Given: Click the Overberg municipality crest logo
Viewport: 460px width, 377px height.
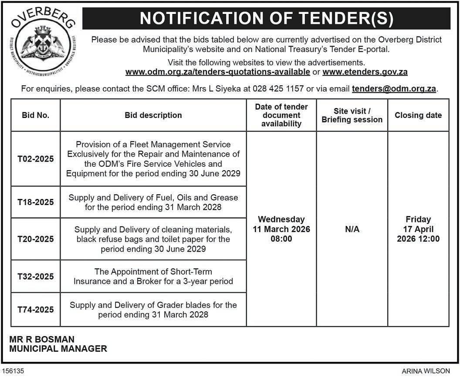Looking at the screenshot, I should tap(42, 43).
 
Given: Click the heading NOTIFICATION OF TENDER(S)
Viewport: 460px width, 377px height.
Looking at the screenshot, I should tap(266, 18).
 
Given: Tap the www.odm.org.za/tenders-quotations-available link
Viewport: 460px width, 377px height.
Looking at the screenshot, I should tap(217, 72).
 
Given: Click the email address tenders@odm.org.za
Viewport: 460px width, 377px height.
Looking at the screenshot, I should tap(394, 88).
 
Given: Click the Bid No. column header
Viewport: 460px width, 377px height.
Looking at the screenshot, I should tap(36, 115).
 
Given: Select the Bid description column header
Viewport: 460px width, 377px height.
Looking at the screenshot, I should tap(153, 115).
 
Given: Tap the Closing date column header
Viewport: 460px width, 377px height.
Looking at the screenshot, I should tap(418, 115).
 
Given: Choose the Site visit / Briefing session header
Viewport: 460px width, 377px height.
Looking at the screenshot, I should tap(352, 115).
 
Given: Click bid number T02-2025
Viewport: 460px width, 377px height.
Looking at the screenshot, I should tap(36, 159).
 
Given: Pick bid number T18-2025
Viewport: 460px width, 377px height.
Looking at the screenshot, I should tap(36, 202).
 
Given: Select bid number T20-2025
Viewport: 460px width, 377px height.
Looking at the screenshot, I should tap(36, 239).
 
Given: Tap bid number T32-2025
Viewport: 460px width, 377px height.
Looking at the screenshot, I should tap(36, 276).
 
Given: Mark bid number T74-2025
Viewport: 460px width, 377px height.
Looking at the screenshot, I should tap(36, 310).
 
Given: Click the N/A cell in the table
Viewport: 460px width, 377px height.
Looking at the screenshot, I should tap(352, 229).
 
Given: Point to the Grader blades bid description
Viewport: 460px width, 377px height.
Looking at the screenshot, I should tap(153, 310).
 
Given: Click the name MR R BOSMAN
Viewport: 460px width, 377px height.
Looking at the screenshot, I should tap(42, 339).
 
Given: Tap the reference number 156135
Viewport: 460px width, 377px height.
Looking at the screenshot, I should tap(13, 371).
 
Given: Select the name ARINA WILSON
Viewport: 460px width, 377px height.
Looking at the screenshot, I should tap(426, 371).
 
